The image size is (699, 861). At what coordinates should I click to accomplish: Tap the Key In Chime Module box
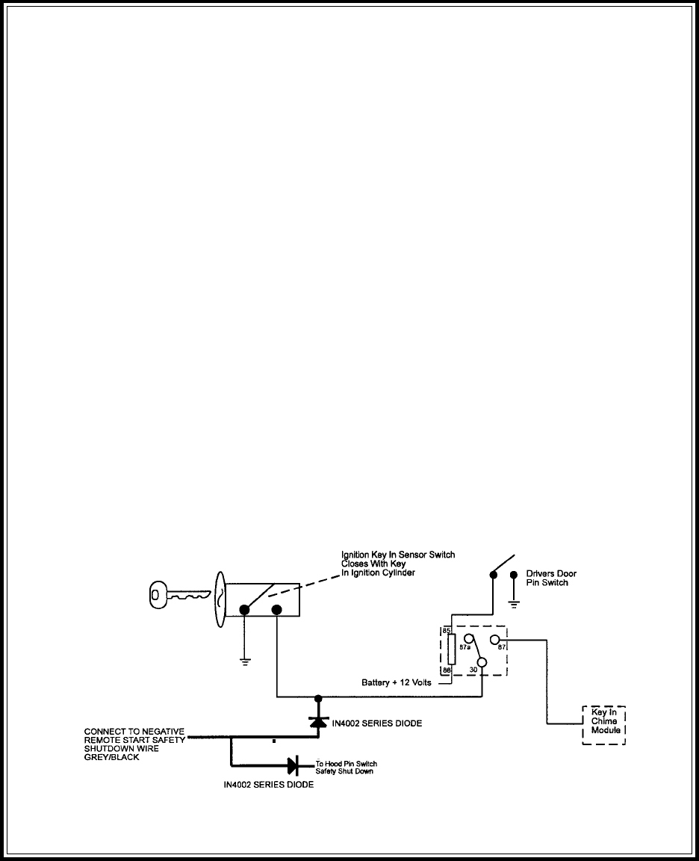(603, 724)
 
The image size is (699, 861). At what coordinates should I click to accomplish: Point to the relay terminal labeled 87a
(469, 639)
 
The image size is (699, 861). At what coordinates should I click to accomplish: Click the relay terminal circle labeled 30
(482, 661)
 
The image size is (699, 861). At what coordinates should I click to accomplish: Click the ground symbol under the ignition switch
(243, 661)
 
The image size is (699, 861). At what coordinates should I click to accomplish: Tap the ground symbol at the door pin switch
(513, 600)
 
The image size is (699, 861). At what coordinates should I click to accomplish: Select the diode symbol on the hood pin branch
(293, 765)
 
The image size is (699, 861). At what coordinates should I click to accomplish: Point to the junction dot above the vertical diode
(318, 698)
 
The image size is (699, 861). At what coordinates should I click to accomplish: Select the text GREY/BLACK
(112, 756)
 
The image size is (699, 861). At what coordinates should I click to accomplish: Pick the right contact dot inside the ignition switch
(276, 611)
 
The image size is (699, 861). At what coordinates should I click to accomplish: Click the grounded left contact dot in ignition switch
(243, 611)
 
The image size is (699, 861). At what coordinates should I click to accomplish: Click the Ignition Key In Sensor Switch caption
(397, 559)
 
